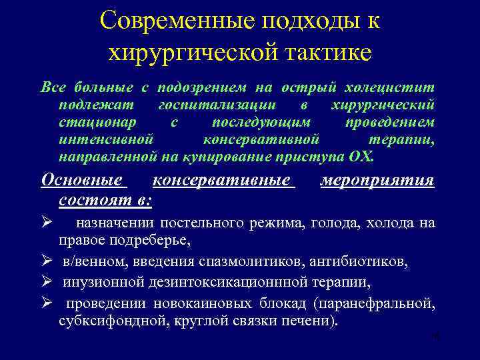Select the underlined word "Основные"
point(82,181)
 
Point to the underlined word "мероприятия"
point(377,181)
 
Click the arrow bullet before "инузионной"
point(46,282)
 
